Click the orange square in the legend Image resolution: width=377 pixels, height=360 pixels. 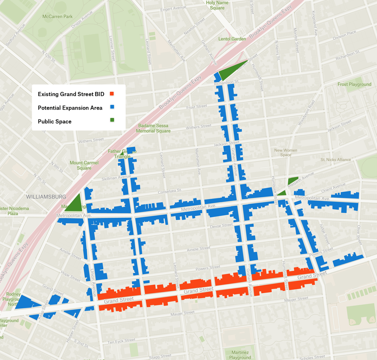[x=112, y=94]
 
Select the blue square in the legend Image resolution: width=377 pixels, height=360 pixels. [x=112, y=108]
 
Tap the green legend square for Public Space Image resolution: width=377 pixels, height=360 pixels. [x=112, y=121]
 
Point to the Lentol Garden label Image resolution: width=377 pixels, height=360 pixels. [x=232, y=39]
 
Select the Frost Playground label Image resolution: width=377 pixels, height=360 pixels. [x=354, y=84]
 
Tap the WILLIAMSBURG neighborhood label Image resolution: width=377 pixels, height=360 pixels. [x=46, y=197]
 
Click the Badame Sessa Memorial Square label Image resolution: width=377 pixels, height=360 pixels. [x=153, y=128]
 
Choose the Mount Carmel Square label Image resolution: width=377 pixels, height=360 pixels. [x=84, y=165]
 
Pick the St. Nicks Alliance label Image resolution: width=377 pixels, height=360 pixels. [x=336, y=160]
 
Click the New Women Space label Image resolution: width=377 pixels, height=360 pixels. [x=285, y=153]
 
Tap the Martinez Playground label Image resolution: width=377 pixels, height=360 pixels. [x=240, y=355]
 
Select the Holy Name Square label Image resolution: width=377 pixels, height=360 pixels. [x=218, y=5]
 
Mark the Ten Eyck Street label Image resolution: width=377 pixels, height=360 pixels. [x=121, y=341]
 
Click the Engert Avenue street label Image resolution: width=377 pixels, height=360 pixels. [x=173, y=9]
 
